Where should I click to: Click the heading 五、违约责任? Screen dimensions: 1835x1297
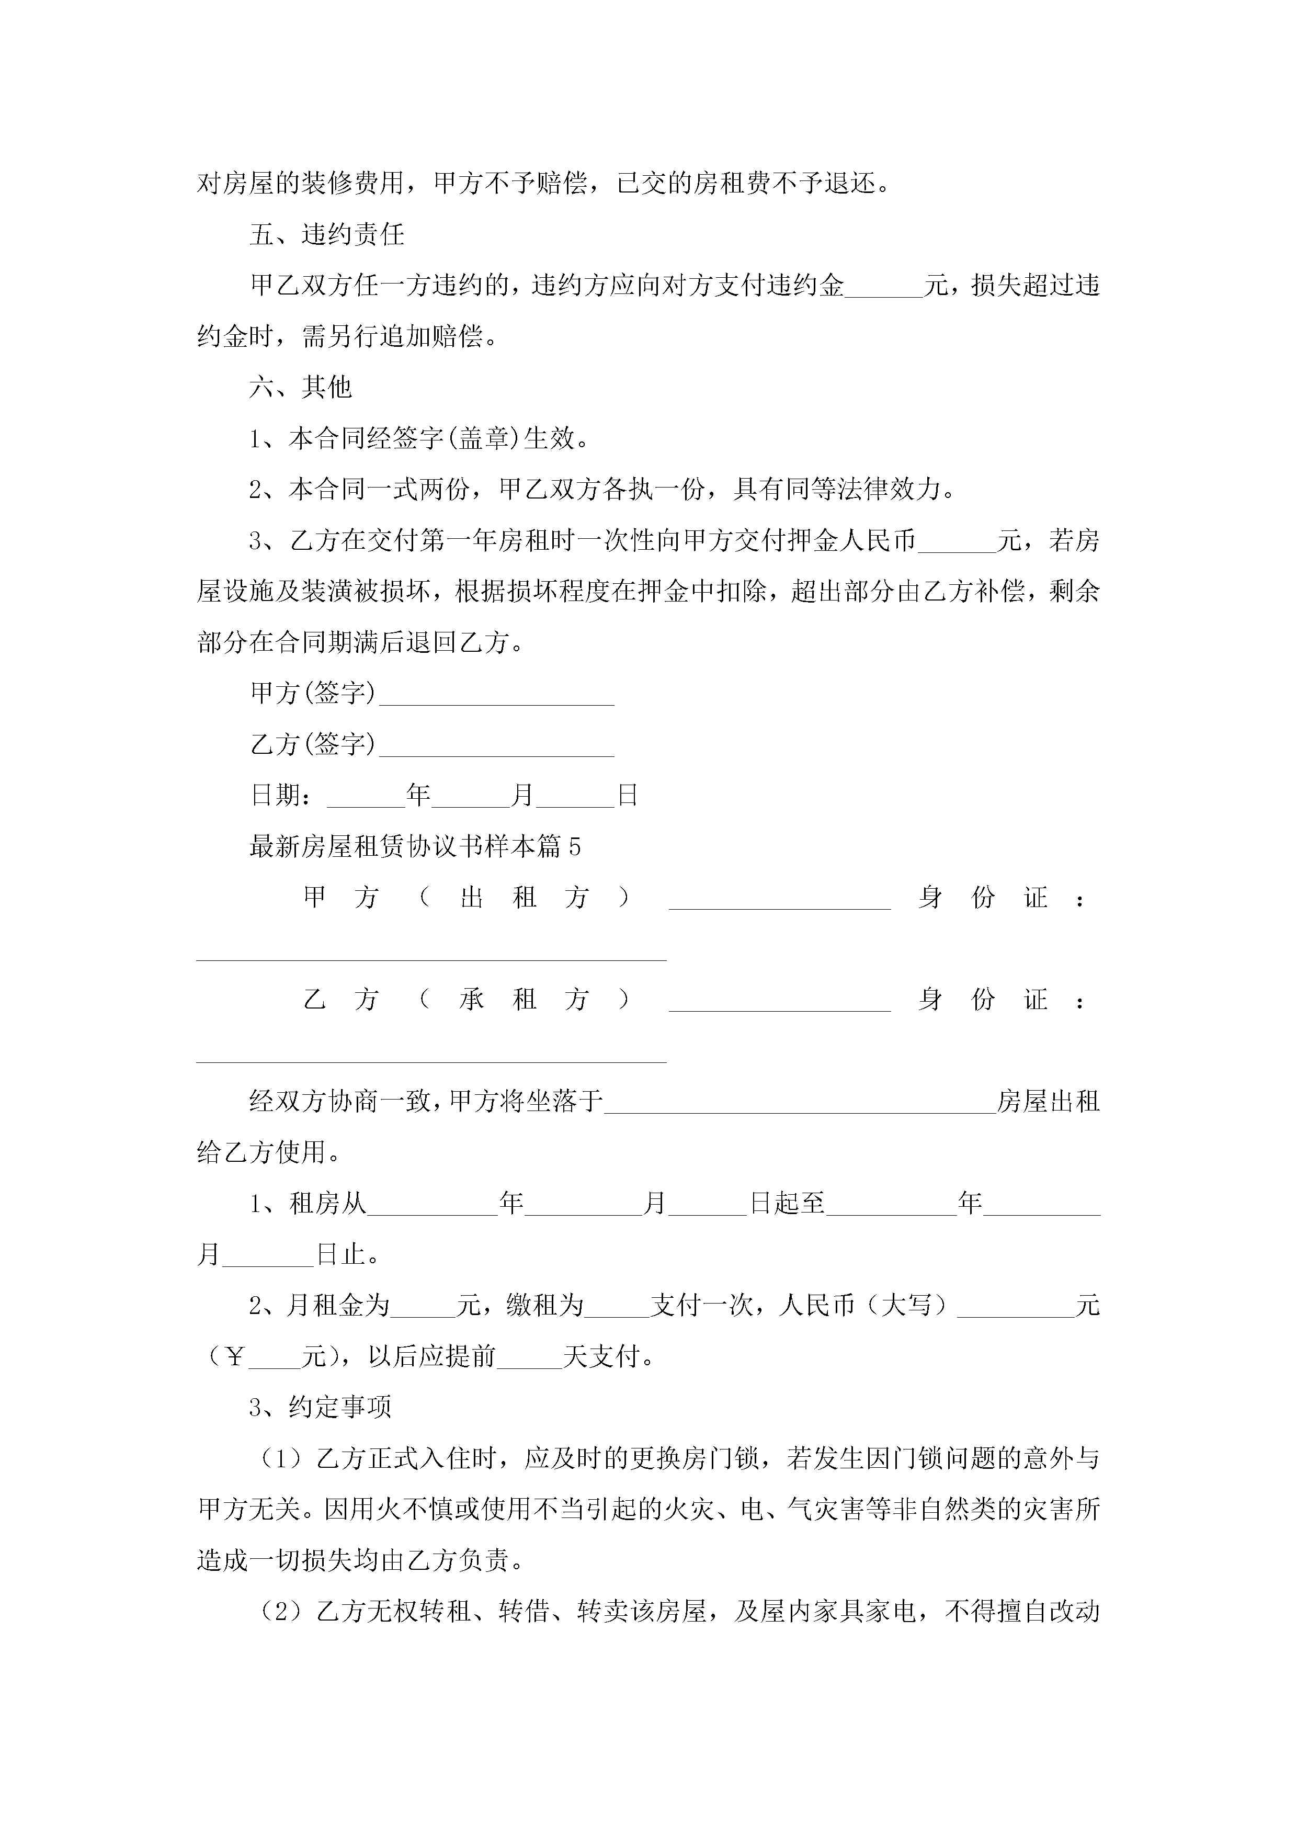click(327, 235)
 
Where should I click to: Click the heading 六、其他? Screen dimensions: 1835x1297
click(301, 388)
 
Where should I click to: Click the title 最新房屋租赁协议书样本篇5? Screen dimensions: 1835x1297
click(415, 846)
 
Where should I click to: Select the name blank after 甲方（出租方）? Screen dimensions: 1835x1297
click(779, 900)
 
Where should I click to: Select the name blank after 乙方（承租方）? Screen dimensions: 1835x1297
click(779, 1001)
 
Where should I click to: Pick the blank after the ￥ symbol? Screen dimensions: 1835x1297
click(275, 1358)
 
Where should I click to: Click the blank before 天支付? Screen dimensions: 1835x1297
click(530, 1358)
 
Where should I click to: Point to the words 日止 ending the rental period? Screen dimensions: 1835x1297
click(341, 1255)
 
